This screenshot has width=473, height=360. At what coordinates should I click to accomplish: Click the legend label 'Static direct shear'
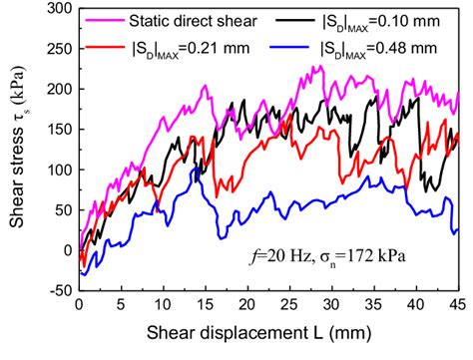tap(196, 21)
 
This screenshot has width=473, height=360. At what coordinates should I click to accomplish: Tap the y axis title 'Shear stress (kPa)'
tap(19, 150)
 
